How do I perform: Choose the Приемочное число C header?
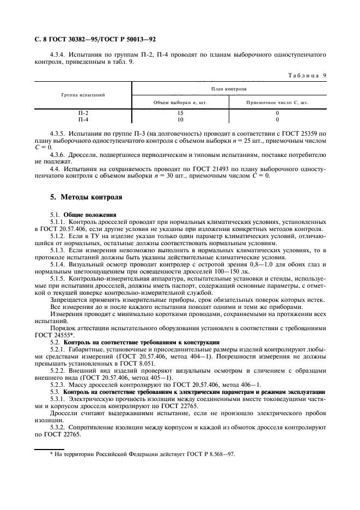point(277,102)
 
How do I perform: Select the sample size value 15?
point(180,113)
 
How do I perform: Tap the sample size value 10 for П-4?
point(180,119)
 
